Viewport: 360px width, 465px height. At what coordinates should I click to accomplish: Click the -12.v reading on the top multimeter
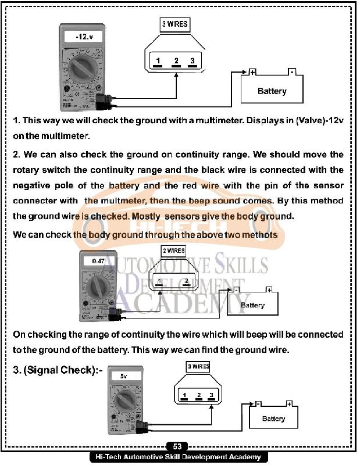pos(84,37)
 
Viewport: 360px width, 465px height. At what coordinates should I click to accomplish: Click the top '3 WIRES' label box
pos(174,24)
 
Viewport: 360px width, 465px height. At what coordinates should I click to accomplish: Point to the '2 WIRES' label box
pos(173,251)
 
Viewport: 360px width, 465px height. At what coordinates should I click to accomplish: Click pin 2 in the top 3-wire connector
pos(175,62)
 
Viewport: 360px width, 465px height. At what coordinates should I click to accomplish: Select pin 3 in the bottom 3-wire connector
pos(212,396)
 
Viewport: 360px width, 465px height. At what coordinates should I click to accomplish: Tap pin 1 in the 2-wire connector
pos(159,282)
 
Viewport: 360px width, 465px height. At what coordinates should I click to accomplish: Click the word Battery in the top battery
pos(272,91)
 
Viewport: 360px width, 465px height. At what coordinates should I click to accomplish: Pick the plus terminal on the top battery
pos(252,72)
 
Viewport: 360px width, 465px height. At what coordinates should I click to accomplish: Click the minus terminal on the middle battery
pos(237,289)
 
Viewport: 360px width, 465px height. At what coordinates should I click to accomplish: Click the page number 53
pos(177,446)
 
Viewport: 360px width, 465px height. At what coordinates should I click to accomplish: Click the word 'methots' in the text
pos(257,234)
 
